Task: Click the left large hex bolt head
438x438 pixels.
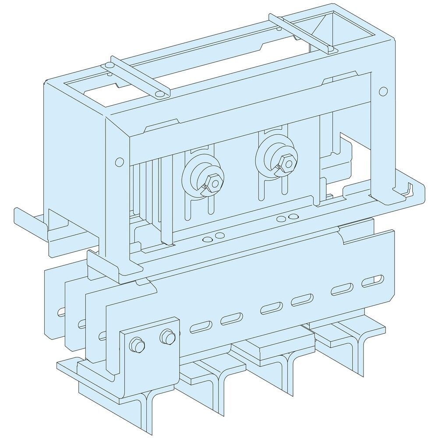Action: pos(211,184)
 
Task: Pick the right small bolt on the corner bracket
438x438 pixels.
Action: pos(166,336)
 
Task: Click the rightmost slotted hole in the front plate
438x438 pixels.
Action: pos(372,280)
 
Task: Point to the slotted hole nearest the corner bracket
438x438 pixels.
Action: pos(201,326)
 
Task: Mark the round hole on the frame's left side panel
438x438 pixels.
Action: pos(118,162)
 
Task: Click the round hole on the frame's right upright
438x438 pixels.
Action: pos(383,91)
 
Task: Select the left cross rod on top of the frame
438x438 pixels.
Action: pos(135,76)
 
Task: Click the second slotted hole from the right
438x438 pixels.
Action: pos(343,289)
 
